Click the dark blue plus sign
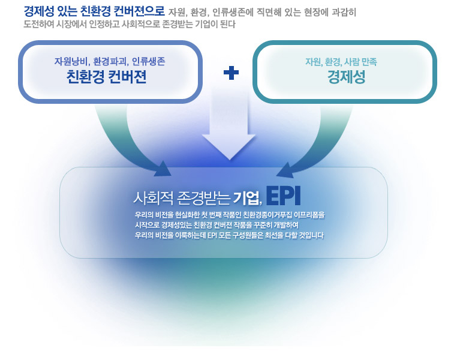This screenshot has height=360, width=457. [231, 73]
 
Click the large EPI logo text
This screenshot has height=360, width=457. [283, 196]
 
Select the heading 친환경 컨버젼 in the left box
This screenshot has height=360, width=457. [106, 77]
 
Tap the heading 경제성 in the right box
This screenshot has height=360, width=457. [346, 77]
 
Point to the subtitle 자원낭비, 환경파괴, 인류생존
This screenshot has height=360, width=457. [110, 62]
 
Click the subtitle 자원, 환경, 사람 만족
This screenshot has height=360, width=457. [341, 62]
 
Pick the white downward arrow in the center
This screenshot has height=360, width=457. [229, 125]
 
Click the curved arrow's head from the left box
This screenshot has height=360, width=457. [163, 169]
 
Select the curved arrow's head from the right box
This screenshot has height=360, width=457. [285, 170]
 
